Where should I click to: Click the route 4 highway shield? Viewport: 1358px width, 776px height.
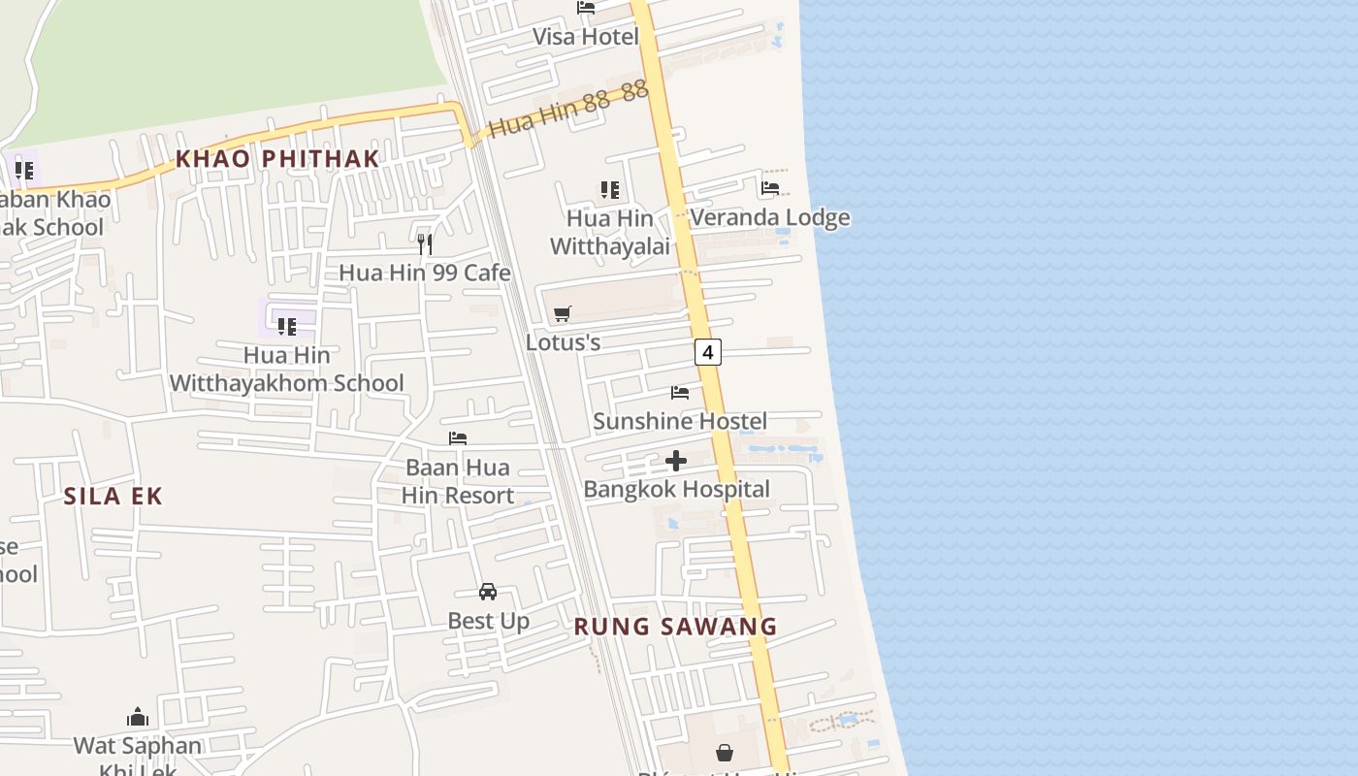[708, 352]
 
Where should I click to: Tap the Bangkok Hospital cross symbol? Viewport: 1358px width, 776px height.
[676, 461]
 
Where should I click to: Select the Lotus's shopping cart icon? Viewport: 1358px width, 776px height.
[562, 313]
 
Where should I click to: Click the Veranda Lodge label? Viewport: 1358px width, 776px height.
[770, 217]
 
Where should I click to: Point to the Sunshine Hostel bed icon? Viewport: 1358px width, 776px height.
[680, 393]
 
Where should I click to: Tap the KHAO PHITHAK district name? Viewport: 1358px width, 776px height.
[276, 159]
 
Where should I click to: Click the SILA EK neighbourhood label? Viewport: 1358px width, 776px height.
[113, 497]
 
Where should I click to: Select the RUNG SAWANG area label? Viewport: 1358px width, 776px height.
[675, 627]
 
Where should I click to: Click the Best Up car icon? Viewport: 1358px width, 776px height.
[488, 592]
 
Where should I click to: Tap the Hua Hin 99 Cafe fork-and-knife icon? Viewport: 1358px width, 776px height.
[424, 243]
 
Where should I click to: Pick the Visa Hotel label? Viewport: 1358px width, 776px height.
[586, 37]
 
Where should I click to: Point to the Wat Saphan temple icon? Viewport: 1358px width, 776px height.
[138, 718]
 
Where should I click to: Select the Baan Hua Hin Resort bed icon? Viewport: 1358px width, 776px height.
[458, 438]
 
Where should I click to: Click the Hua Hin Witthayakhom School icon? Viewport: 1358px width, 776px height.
[286, 326]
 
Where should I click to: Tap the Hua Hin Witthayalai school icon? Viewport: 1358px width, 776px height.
[609, 189]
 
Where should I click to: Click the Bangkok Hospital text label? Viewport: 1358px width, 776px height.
[676, 489]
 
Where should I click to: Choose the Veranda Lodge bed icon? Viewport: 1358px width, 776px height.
[770, 188]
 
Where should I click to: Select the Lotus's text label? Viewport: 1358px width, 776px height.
[563, 342]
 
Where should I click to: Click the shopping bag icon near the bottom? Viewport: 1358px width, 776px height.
[725, 752]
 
